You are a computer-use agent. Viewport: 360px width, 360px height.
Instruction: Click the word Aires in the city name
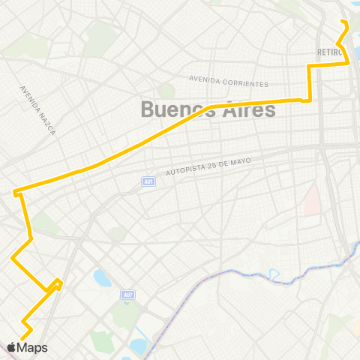point(245,109)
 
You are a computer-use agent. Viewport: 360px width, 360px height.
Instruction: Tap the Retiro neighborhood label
point(329,52)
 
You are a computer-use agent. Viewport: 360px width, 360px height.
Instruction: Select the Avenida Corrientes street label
point(228,78)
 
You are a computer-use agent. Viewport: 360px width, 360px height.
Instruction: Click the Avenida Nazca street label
point(37,109)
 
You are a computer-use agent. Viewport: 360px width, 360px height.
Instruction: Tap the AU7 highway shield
point(127,295)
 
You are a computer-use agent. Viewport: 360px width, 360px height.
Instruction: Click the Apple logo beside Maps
point(12,347)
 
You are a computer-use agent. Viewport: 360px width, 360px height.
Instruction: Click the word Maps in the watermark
point(33,348)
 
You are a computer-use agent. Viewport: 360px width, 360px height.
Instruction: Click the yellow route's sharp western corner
point(14,193)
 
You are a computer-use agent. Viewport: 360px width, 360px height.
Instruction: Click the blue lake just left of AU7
point(102,279)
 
